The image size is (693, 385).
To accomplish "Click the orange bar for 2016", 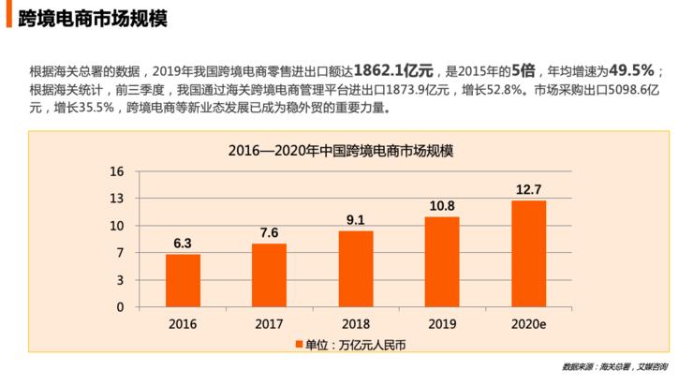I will pos(183,280).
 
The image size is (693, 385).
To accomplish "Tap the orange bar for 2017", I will pos(269,274).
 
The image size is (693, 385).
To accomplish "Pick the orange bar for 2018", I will pos(356,268).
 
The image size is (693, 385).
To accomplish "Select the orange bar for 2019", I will pos(442,260).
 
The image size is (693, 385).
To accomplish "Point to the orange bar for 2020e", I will pos(528,253).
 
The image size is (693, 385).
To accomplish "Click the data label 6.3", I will pos(183,244).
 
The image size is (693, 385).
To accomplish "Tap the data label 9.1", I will pos(356,220).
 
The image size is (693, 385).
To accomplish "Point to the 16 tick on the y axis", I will pos(117,172).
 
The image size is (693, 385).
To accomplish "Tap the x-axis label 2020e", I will pos(528,323).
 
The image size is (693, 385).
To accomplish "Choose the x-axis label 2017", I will pos(269,323).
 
